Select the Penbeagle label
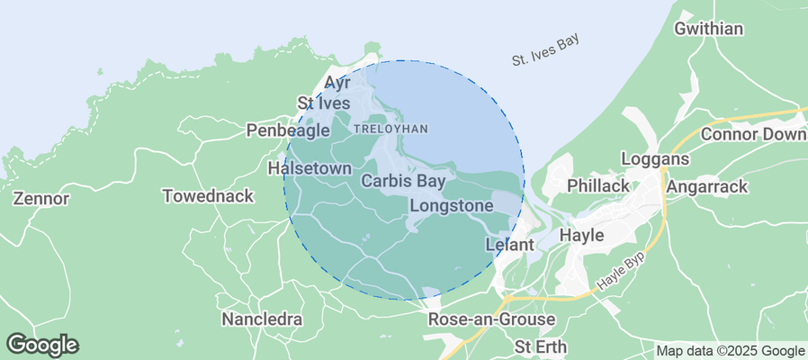coord(288,131)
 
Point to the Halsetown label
coord(307,168)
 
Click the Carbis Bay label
coord(403,181)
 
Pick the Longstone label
coord(451,206)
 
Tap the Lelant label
coord(510,244)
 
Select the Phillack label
coord(598,185)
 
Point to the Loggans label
coord(655,159)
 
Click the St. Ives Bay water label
coord(544,50)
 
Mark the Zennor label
coord(42,198)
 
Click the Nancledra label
coord(262,319)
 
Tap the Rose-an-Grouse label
coord(491,320)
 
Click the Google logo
coord(42,344)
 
